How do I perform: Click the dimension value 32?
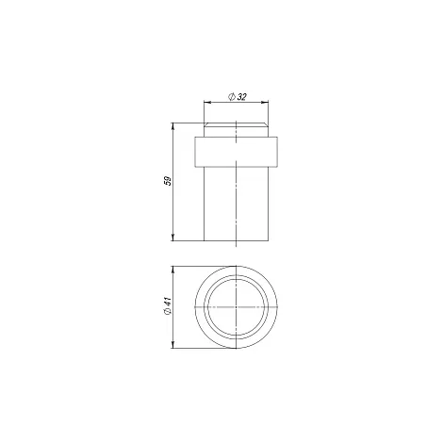(241, 97)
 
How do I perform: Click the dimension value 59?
(169, 181)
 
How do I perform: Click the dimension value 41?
(168, 302)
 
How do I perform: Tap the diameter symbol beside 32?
(232, 97)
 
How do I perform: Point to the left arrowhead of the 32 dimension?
(207, 102)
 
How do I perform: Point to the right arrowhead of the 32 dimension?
(265, 102)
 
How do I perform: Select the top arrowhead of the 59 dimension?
(172, 126)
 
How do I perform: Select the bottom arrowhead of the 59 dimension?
(172, 238)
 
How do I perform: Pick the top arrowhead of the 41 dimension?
(172, 270)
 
